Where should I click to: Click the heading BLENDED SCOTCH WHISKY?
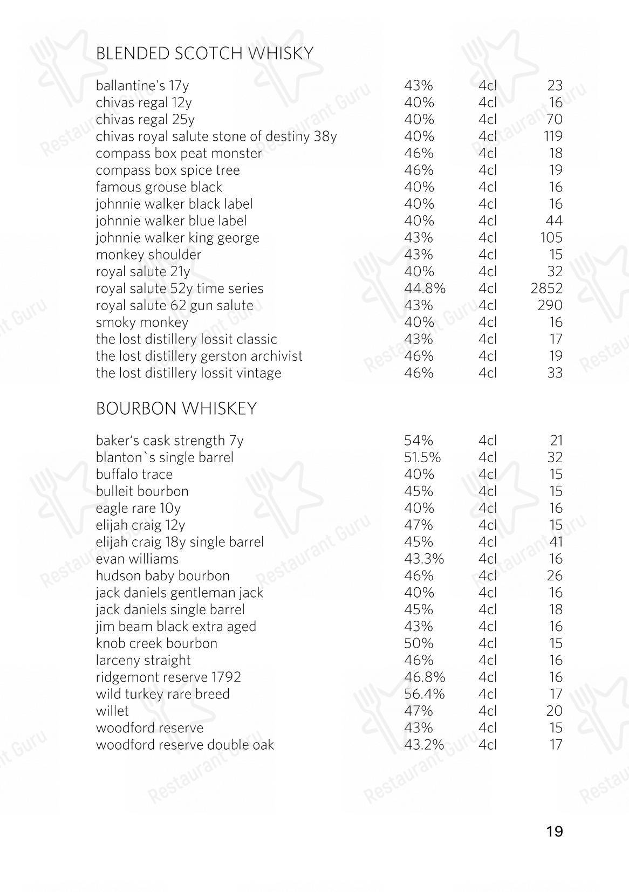pyautogui.click(x=204, y=53)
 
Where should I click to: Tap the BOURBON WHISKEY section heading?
pyautogui.click(x=176, y=409)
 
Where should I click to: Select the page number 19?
pyautogui.click(x=554, y=831)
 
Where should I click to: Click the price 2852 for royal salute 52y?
pyautogui.click(x=546, y=289)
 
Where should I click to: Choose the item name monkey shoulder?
pyautogui.click(x=148, y=255)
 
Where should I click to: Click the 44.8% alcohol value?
pyautogui.click(x=425, y=289)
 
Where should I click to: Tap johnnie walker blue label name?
pyautogui.click(x=171, y=221)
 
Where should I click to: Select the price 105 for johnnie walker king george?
pyautogui.click(x=551, y=238)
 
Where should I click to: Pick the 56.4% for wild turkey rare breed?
pyautogui.click(x=425, y=694)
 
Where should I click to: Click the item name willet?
pyautogui.click(x=112, y=711)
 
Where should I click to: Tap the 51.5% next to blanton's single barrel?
pyautogui.click(x=422, y=457)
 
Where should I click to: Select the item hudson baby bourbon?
pyautogui.click(x=162, y=576)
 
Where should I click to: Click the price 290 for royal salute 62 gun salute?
pyautogui.click(x=550, y=305)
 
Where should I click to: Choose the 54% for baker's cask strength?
pyautogui.click(x=419, y=441)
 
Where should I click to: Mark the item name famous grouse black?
pyautogui.click(x=159, y=187)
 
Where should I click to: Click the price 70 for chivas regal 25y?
pyautogui.click(x=555, y=119)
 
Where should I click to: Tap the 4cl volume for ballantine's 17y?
pyautogui.click(x=487, y=86)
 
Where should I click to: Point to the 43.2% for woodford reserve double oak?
pyautogui.click(x=424, y=745)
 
